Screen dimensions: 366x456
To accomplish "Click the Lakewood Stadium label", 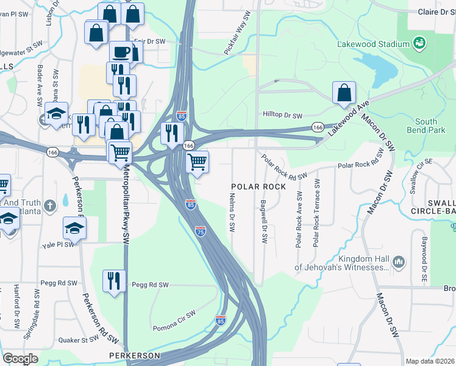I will click(373, 45).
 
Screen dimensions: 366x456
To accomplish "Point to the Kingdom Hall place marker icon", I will click(399, 262).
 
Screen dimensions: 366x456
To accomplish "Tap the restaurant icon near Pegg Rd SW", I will click(114, 281).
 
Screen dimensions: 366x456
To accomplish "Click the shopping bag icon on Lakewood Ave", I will click(344, 93).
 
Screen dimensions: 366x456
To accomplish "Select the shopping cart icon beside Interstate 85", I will click(197, 162).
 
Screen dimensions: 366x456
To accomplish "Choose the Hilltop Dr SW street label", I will click(282, 115).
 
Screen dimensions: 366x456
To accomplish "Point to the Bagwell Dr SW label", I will click(265, 222).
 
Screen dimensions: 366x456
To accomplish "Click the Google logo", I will click(20, 359).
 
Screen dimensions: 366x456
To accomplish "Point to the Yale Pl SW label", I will click(58, 245).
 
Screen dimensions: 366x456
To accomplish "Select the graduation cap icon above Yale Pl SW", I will click(74, 228).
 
